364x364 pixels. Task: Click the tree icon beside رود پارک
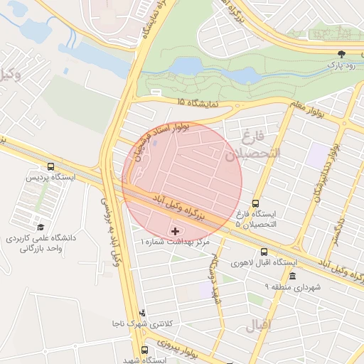[x=342, y=53]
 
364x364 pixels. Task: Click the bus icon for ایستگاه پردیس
[x=50, y=166]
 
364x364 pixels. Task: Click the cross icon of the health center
[x=176, y=231]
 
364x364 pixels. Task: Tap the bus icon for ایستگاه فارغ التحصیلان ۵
[x=256, y=202]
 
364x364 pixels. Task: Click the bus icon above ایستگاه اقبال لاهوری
[x=264, y=252]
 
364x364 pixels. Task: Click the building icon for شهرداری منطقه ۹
[x=292, y=276]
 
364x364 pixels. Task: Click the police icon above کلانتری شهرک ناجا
[x=142, y=312]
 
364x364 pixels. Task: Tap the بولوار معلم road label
[x=311, y=109]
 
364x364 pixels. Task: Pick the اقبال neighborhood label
[x=259, y=328]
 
